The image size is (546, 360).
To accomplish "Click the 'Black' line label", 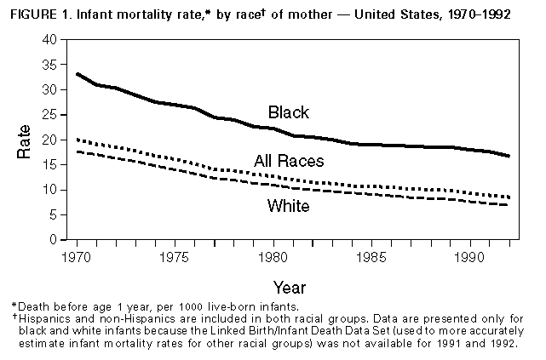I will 288,112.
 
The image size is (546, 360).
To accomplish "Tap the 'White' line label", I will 288,205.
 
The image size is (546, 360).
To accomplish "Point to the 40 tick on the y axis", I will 52,40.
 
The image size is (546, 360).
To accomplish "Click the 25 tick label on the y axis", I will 52,115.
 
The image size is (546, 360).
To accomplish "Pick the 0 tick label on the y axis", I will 56,240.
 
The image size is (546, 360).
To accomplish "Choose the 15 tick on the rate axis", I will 52,165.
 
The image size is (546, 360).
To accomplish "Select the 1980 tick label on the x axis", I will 271,254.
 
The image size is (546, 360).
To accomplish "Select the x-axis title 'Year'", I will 289,288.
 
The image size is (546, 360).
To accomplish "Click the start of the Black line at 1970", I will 78,74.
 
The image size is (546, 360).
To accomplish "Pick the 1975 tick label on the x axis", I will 175,254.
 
